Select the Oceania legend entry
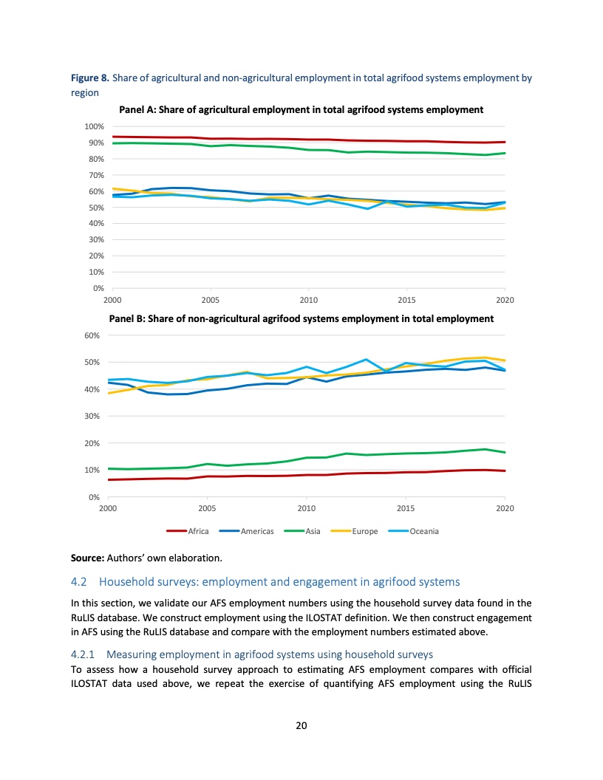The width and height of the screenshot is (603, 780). click(x=424, y=531)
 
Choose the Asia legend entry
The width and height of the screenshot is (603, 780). click(x=313, y=531)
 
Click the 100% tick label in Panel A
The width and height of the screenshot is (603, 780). click(x=93, y=127)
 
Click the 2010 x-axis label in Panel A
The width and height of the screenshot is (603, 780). click(x=309, y=300)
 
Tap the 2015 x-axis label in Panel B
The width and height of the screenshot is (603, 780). click(x=406, y=509)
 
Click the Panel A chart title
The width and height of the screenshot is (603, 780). click(x=301, y=109)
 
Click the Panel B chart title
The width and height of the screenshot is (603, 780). click(x=301, y=319)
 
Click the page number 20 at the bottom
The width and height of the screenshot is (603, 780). click(x=301, y=725)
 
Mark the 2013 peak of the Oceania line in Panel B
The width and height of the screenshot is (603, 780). click(x=366, y=360)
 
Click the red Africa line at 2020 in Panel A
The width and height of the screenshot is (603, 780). click(x=504, y=142)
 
